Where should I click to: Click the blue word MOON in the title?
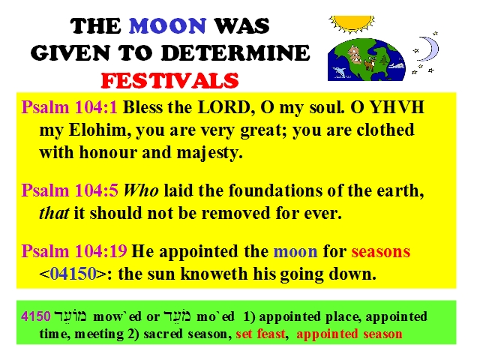point(167,25)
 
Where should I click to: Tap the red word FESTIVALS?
point(169,80)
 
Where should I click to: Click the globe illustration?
point(367,60)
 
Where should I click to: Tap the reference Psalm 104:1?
point(70,108)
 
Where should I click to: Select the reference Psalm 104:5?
point(70,190)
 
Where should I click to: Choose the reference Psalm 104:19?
point(74,251)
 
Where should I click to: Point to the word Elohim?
point(100,130)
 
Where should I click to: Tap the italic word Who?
point(141,190)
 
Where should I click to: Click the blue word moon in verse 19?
point(295,252)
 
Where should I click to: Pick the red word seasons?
point(380,252)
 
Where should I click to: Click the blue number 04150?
point(73,274)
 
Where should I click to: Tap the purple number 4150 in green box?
point(36,316)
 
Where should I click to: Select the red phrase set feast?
point(260,334)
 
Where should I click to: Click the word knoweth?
point(214,274)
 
